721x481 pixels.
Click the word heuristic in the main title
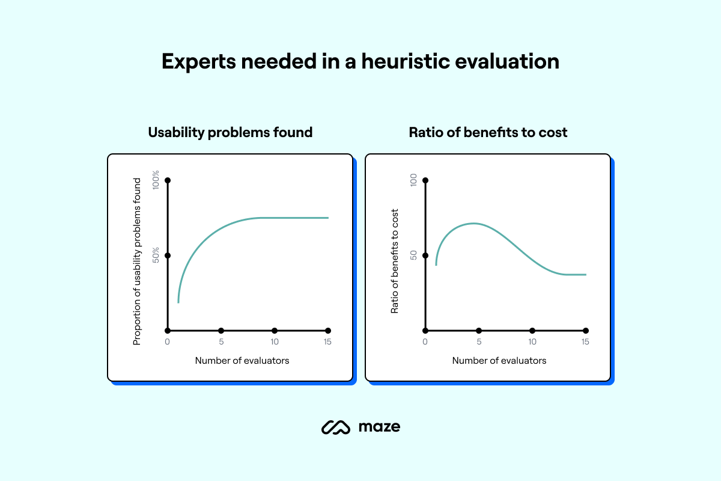(405, 61)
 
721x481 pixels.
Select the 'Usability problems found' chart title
(230, 132)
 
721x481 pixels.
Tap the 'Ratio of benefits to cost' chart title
(488, 132)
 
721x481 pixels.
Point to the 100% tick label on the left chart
(156, 180)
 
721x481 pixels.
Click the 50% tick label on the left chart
(156, 255)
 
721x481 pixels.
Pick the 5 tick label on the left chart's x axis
(221, 342)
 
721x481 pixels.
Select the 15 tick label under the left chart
(327, 342)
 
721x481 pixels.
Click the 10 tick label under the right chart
(532, 342)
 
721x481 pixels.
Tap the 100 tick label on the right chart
(413, 180)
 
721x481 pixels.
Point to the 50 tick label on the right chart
(413, 256)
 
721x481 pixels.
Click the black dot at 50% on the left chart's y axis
(168, 256)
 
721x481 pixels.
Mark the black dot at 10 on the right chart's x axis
(532, 331)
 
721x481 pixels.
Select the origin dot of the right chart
(425, 331)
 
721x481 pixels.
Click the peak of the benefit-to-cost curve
(473, 223)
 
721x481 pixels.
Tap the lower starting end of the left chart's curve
(178, 302)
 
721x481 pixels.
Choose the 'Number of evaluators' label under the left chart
(242, 361)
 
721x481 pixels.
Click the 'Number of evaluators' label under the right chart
(499, 361)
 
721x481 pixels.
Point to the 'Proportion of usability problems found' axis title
(137, 262)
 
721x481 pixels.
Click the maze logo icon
(336, 427)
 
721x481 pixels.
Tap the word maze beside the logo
(380, 427)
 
